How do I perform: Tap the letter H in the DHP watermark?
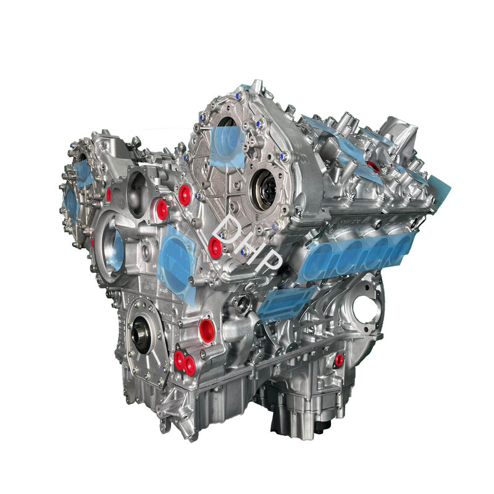pyautogui.click(x=249, y=246)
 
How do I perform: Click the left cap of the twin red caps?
pyautogui.click(x=179, y=360)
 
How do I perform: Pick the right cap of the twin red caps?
pyautogui.click(x=190, y=366)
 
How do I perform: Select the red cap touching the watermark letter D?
pyautogui.click(x=215, y=248)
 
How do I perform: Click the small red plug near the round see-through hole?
pyautogui.click(x=339, y=359)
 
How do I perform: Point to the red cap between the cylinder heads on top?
pyautogui.click(x=374, y=166)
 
